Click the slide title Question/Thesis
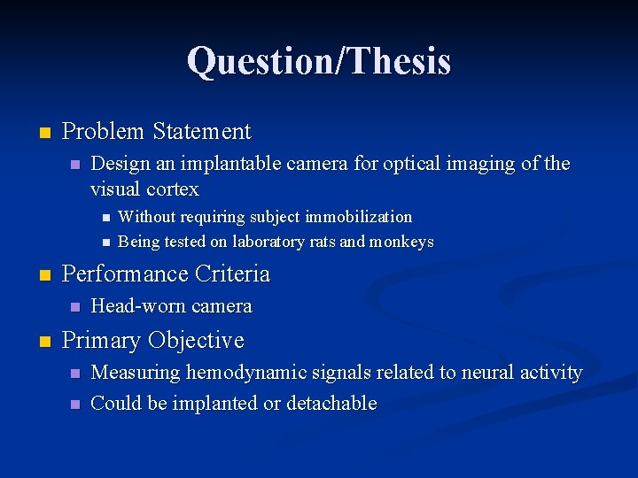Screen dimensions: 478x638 pyautogui.click(x=319, y=61)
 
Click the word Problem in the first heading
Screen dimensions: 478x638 pyautogui.click(x=102, y=132)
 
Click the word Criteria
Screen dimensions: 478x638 pyautogui.click(x=228, y=274)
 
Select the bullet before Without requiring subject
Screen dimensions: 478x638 pyautogui.click(x=105, y=218)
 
